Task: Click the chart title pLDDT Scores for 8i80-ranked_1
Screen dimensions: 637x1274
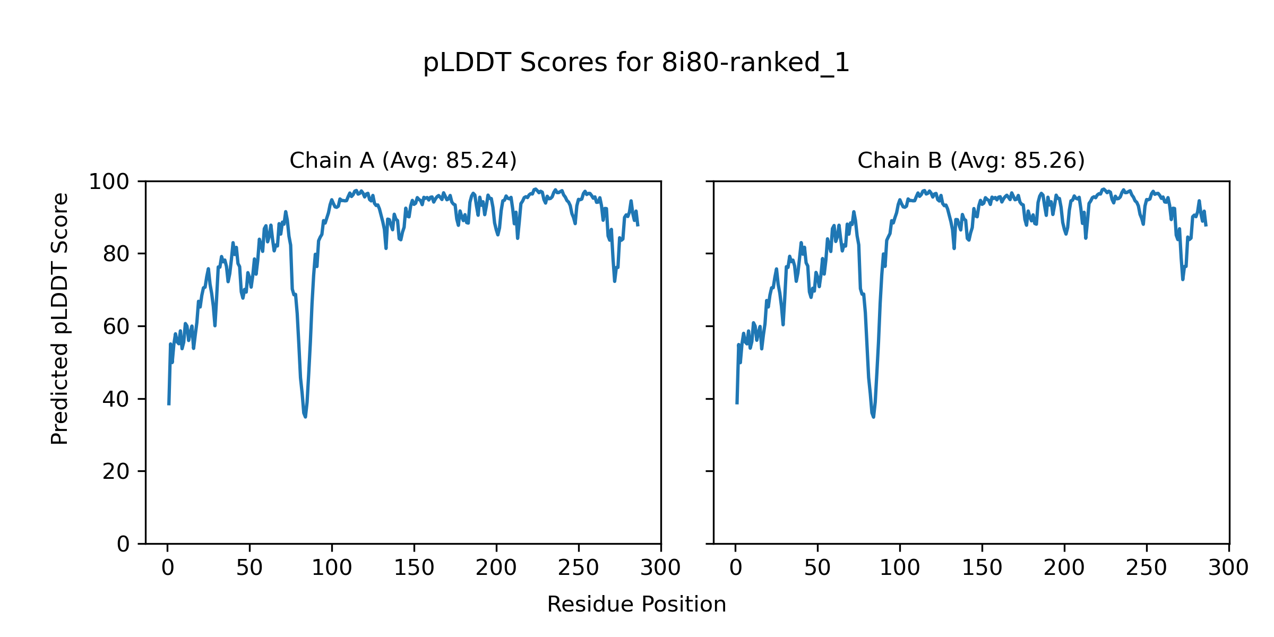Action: pos(636,63)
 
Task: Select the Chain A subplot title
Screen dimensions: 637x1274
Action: pos(403,160)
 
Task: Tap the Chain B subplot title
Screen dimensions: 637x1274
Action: pos(971,160)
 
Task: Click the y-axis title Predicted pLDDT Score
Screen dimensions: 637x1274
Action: pos(60,318)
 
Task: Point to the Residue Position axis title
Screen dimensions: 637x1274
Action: pos(636,604)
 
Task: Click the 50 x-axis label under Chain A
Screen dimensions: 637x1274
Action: pos(249,568)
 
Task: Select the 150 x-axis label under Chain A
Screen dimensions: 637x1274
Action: pos(414,568)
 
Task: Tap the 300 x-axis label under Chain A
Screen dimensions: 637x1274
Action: pos(660,568)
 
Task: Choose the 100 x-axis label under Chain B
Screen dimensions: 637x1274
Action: pos(900,568)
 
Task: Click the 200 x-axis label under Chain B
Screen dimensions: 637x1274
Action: pos(1064,568)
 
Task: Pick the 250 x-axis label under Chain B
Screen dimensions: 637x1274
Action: pos(1147,568)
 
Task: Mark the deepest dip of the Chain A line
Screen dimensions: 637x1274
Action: pos(305,417)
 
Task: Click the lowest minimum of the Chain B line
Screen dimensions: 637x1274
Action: pos(873,417)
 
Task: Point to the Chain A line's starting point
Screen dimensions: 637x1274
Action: pos(169,404)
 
